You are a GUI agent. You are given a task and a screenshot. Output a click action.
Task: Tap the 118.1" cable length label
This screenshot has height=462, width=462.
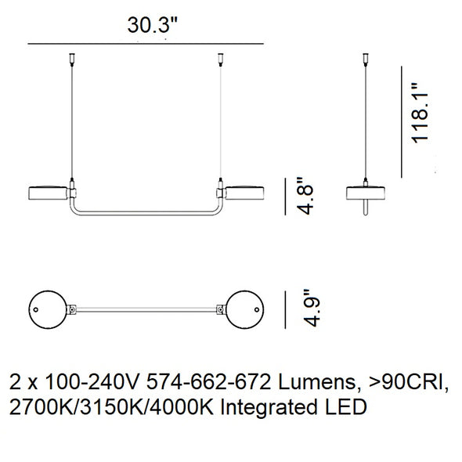coord(420,114)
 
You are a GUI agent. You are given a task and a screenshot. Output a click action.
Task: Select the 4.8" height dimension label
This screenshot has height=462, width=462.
coord(304,196)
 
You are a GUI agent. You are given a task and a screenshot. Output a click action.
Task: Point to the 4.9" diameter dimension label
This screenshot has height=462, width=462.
coord(311,309)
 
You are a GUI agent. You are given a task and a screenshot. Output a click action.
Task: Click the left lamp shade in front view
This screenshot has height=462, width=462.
coord(48,193)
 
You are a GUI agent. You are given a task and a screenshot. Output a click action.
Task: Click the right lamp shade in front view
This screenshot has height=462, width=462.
coord(244,193)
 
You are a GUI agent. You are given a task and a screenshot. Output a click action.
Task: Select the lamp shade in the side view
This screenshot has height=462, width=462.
coord(366,193)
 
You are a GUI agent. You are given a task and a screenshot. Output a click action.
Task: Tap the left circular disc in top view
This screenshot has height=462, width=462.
coord(48,309)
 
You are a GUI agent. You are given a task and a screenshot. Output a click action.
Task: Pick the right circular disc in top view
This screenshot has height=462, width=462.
coord(244,309)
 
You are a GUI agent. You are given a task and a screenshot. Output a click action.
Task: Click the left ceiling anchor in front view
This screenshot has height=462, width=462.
coord(72,58)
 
